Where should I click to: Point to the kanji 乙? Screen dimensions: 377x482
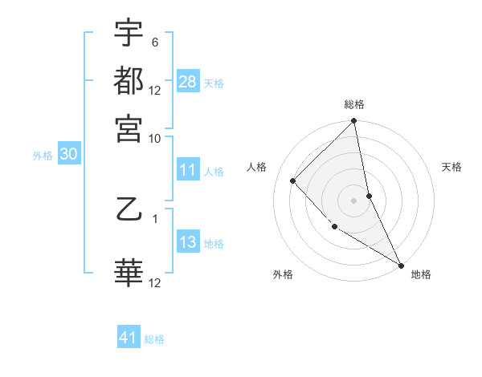[x=129, y=211]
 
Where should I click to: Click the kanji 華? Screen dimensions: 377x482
[x=129, y=273]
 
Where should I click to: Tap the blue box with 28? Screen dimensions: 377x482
[x=188, y=82]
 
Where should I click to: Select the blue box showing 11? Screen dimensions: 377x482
[x=188, y=170]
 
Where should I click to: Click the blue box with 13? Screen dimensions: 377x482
[x=188, y=242]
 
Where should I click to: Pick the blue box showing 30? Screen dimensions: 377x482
[x=69, y=155]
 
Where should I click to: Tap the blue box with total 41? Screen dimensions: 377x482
[x=129, y=338]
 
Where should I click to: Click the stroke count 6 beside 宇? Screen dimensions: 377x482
[x=154, y=42]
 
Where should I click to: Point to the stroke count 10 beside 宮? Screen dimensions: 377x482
[x=155, y=138]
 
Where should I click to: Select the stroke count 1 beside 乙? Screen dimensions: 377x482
[x=154, y=217]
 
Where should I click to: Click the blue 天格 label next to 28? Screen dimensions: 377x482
[x=213, y=83]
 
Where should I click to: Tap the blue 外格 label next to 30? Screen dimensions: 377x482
[x=43, y=156]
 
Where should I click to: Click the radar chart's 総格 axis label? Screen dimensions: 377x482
[x=354, y=104]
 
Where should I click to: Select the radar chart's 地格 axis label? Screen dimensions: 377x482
[x=421, y=274]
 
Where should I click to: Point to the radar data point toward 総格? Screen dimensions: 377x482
[x=354, y=122]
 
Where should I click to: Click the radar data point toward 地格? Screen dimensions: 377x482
[x=401, y=264]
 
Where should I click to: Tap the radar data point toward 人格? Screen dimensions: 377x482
[x=293, y=180]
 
